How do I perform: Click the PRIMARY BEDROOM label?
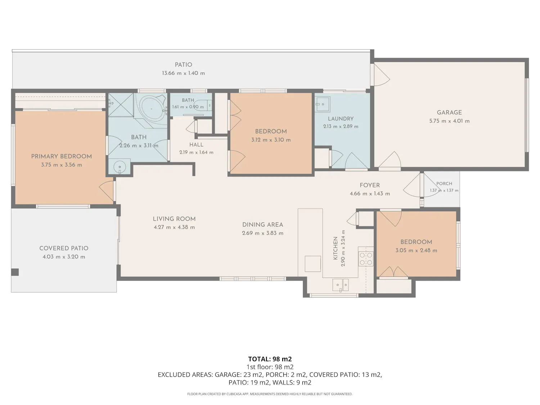(x=62, y=156)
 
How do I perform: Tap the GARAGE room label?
(x=449, y=113)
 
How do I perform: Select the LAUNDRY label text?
(x=341, y=119)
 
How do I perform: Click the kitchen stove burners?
(x=366, y=259)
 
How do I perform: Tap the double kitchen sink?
(x=341, y=285)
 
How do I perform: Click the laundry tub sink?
(x=322, y=104)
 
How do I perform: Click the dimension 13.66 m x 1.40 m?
(x=183, y=73)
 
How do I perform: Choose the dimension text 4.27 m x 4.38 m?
(x=174, y=228)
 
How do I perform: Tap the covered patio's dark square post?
(x=15, y=272)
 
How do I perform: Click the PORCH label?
(x=444, y=184)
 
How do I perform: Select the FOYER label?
(x=369, y=185)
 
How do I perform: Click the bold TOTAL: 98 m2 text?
(x=270, y=359)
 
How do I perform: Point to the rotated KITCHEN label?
(x=335, y=248)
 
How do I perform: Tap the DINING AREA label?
(x=262, y=225)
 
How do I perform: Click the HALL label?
(x=196, y=145)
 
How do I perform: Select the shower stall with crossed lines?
(x=121, y=105)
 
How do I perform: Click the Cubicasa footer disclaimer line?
(x=270, y=394)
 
